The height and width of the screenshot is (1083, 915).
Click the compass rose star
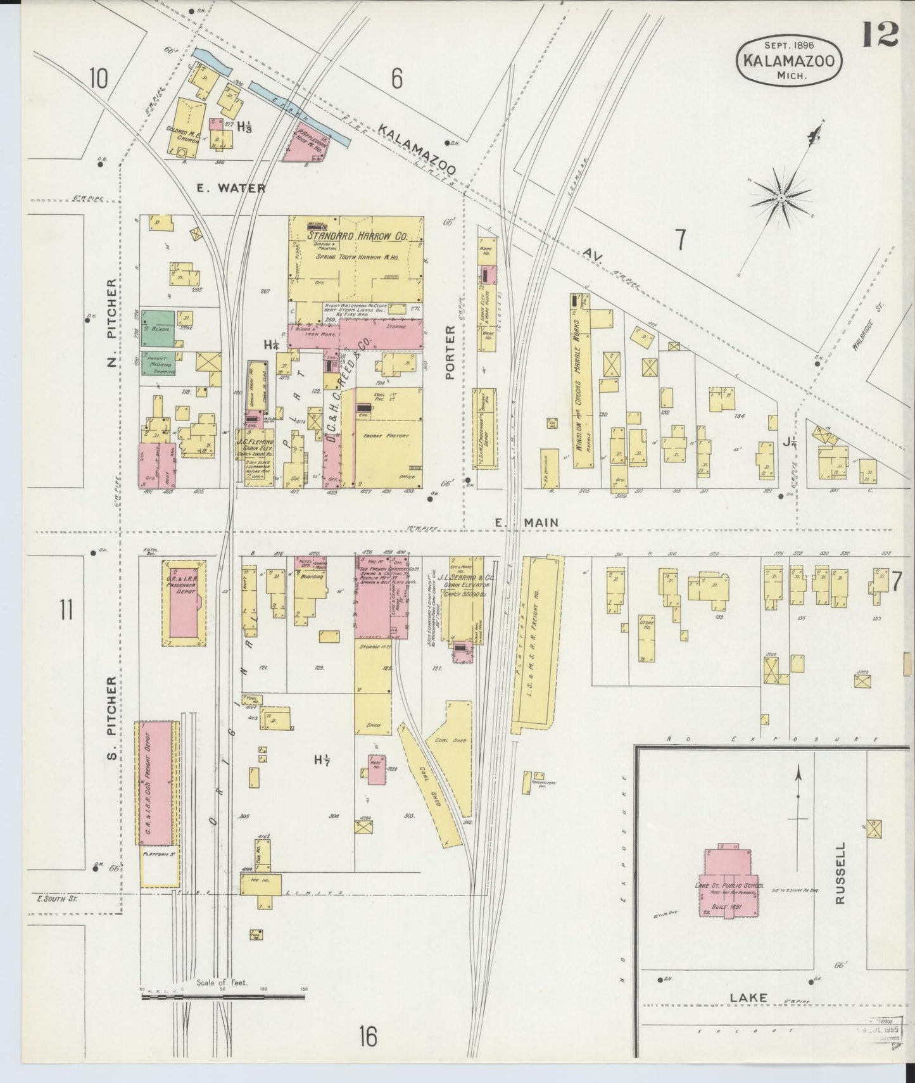tap(781, 198)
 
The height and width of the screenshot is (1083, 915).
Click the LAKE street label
tap(748, 997)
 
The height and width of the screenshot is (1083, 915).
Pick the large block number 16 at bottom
tap(367, 1037)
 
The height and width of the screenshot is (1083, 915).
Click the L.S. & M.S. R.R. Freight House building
tap(536, 640)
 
